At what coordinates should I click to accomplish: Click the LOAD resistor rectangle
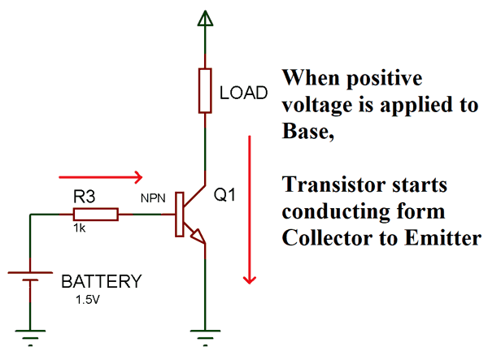click(x=204, y=91)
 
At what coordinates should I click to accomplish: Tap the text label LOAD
click(x=243, y=93)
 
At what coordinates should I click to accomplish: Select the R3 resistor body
click(x=96, y=215)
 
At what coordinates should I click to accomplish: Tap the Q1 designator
click(x=224, y=196)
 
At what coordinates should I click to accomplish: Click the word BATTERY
click(x=102, y=283)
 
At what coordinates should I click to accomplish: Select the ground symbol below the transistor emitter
click(x=204, y=336)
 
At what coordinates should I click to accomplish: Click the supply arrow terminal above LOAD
click(x=204, y=21)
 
